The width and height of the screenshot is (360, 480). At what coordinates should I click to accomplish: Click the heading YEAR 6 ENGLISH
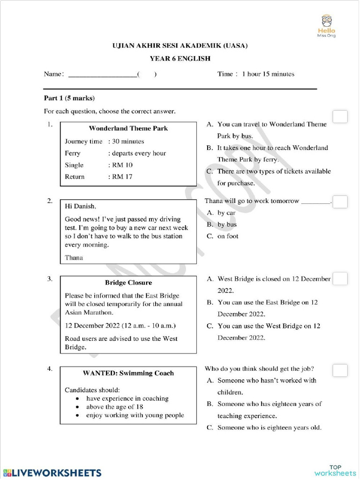[x=180, y=59]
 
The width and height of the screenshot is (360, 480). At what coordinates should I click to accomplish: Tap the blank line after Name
[x=103, y=75]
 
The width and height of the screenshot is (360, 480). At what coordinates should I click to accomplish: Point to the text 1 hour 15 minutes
[x=268, y=74]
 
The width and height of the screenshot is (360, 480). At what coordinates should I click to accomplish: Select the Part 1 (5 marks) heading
[x=69, y=98]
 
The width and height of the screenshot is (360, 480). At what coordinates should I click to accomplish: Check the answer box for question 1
[x=340, y=117]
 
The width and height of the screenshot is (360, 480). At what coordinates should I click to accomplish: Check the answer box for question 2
[x=340, y=202]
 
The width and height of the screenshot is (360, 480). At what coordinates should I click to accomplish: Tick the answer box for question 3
[x=340, y=278]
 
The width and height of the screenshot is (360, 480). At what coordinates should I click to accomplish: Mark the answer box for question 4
[x=340, y=370]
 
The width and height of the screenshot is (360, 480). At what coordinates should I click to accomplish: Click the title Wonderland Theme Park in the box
[x=128, y=128]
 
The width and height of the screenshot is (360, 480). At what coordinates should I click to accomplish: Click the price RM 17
[x=120, y=177]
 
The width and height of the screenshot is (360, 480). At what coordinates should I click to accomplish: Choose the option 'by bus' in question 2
[x=227, y=225]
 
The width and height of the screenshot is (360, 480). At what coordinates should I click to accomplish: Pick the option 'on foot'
[x=228, y=236]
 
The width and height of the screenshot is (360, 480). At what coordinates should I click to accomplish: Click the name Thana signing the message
[x=74, y=257]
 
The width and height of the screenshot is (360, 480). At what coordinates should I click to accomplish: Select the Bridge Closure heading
[x=128, y=283]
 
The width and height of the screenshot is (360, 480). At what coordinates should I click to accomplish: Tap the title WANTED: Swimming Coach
[x=128, y=373]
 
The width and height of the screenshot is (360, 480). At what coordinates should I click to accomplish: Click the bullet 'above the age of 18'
[x=114, y=407]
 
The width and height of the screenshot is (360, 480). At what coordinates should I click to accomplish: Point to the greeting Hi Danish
[x=80, y=206]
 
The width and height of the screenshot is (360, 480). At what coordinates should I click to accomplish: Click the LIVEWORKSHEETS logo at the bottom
[x=52, y=472]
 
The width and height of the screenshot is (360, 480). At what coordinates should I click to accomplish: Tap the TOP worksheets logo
[x=335, y=470]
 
